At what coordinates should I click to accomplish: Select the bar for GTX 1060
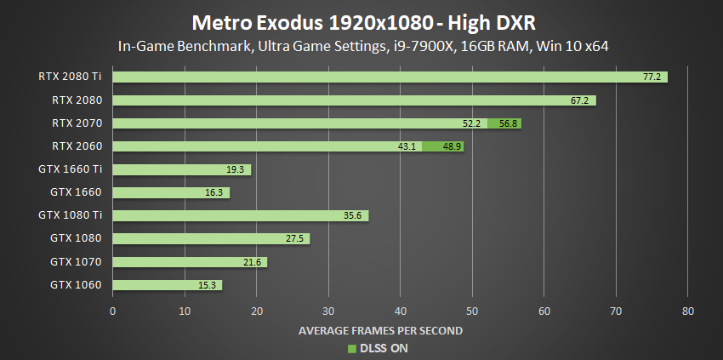[167, 285]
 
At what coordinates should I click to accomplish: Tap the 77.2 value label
[652, 77]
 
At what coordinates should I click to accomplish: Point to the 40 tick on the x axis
[401, 311]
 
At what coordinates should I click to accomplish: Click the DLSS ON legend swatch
[350, 347]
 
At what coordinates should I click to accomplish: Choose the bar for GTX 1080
[211, 239]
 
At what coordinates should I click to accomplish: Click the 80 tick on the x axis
[688, 311]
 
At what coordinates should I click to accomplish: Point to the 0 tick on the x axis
[113, 311]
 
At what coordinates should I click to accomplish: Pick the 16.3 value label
[215, 193]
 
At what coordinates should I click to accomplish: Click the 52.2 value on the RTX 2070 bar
[472, 123]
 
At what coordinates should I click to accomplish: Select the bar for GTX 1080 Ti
[241, 215]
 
